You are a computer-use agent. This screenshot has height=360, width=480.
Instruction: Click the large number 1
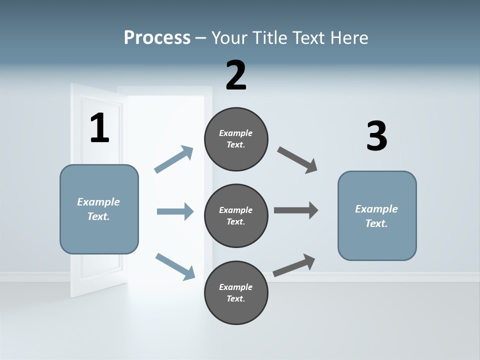99,128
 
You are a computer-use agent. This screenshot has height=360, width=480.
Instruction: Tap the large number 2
236,75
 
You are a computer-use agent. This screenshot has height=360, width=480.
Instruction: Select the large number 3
376,136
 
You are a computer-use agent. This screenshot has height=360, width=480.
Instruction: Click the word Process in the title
157,37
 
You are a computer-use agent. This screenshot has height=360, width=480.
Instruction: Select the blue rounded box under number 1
99,209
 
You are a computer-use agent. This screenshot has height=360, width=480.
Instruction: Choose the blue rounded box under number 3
377,215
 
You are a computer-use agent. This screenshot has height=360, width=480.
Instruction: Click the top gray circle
236,139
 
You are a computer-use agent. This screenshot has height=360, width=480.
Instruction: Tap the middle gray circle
236,215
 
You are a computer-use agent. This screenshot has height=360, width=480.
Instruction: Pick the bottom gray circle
236,292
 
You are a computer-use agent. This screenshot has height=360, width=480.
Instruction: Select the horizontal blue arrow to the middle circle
175,211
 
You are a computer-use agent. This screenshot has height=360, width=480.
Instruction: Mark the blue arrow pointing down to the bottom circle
175,266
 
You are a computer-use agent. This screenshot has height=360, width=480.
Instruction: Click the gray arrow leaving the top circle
297,160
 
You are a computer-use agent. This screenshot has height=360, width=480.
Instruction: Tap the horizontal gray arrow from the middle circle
296,210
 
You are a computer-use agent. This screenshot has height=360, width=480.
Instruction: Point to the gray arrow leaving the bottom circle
294,265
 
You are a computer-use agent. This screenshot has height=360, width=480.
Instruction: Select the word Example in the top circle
236,133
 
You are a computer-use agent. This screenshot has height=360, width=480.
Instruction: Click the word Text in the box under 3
376,223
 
